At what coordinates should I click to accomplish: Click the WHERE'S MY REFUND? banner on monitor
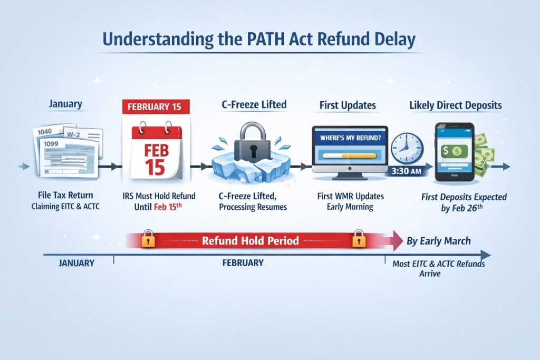coord(349,138)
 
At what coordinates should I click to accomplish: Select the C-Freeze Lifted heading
coord(253,104)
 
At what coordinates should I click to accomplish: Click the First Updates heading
coord(348,105)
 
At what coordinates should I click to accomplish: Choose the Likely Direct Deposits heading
coord(455,105)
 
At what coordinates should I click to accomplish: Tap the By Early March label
coord(439,241)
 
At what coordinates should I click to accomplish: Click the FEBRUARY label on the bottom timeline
coord(242,262)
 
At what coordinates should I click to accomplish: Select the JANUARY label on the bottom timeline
coord(76,262)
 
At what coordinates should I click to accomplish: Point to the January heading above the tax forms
coord(65,104)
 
